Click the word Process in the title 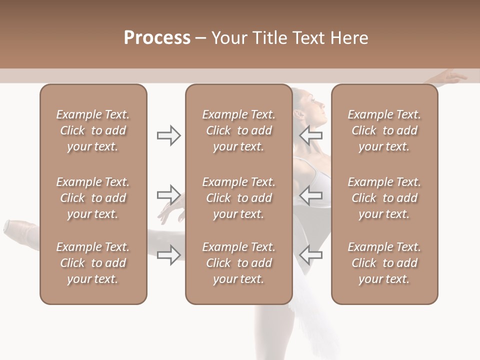pyautogui.click(x=157, y=37)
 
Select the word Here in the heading pyautogui.click(x=348, y=38)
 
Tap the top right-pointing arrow pyautogui.click(x=168, y=135)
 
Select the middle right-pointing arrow pyautogui.click(x=168, y=194)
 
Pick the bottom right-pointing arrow pyautogui.click(x=168, y=255)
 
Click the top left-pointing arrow pyautogui.click(x=311, y=135)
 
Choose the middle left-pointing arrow pyautogui.click(x=311, y=194)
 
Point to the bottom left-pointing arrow pyautogui.click(x=311, y=255)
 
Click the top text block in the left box pyautogui.click(x=93, y=130)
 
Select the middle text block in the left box pyautogui.click(x=93, y=198)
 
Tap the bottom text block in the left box pyautogui.click(x=93, y=263)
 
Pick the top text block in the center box pyautogui.click(x=238, y=130)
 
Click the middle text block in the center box pyautogui.click(x=238, y=198)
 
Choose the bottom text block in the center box pyautogui.click(x=238, y=263)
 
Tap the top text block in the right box pyautogui.click(x=384, y=130)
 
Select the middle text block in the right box pyautogui.click(x=384, y=198)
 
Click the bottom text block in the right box pyautogui.click(x=384, y=263)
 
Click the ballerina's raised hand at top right pyautogui.click(x=454, y=76)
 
